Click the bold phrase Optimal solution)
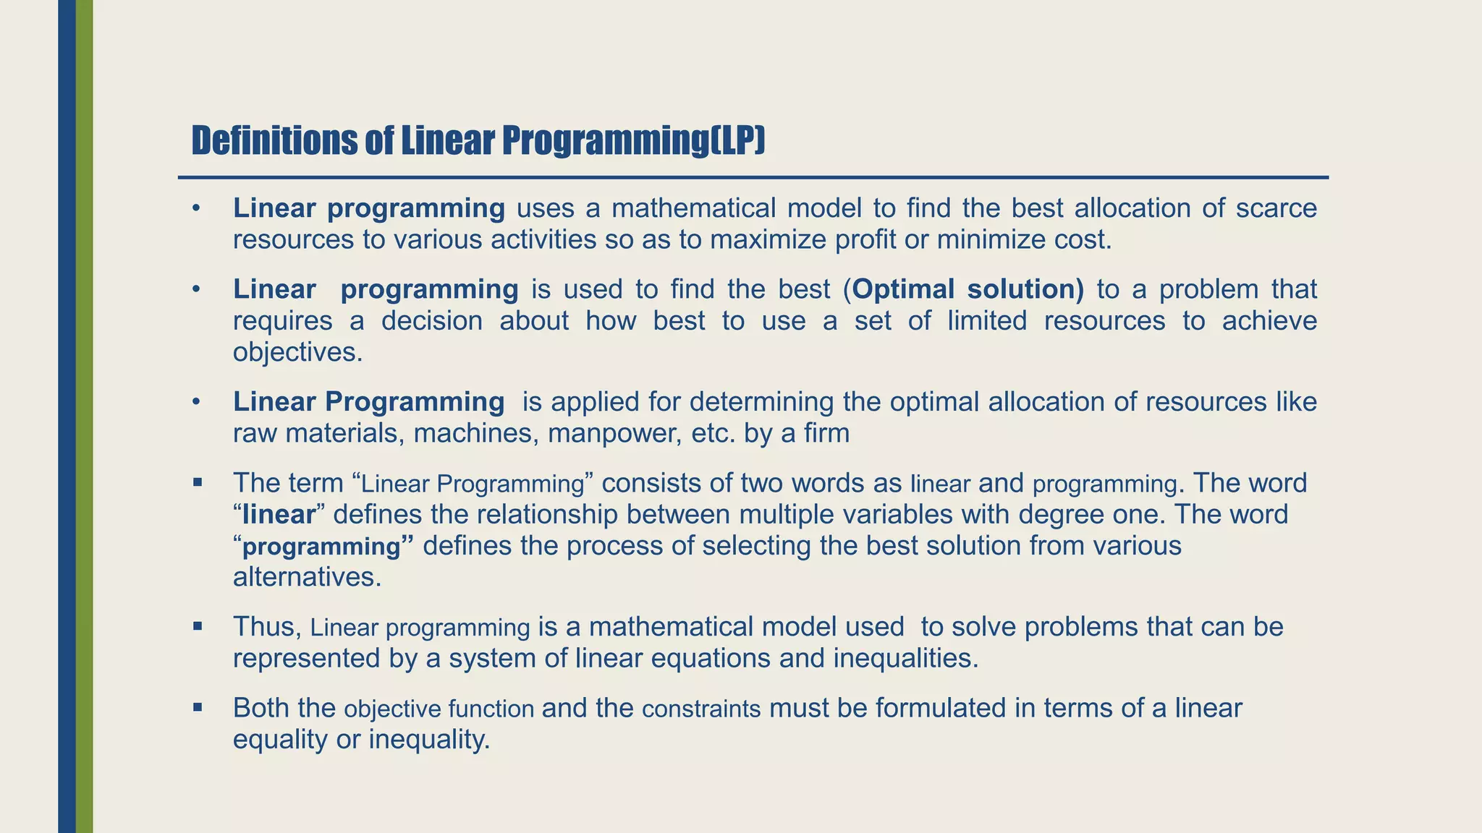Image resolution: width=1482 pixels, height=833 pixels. pyautogui.click(x=968, y=289)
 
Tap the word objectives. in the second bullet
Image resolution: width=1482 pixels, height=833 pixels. pyautogui.click(x=297, y=352)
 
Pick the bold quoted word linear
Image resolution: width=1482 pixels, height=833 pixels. pyautogui.click(x=279, y=514)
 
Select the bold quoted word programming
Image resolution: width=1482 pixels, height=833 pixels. pyautogui.click(x=321, y=547)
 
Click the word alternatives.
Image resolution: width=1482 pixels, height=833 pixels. pyautogui.click(x=307, y=577)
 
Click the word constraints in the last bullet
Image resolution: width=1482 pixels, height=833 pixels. pyautogui.click(x=701, y=709)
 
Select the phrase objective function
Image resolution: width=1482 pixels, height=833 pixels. pyautogui.click(x=439, y=709)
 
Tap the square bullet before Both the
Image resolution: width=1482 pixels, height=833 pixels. pyautogui.click(x=197, y=707)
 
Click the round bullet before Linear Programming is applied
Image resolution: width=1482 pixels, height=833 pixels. pyautogui.click(x=195, y=402)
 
